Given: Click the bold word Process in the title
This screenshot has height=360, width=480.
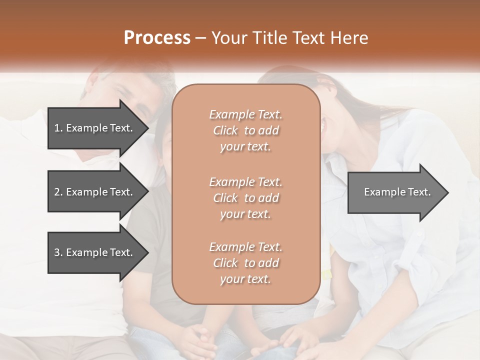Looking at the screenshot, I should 157,38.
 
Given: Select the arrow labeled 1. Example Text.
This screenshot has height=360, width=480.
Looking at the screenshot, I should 95,128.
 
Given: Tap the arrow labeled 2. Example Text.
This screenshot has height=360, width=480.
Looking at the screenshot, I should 95,192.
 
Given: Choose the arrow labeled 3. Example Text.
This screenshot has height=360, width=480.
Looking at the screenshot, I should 95,252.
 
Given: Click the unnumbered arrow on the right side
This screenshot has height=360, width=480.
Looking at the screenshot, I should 397,192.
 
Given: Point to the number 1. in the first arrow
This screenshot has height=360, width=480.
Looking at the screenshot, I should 58,128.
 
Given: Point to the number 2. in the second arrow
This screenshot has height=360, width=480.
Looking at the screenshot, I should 58,192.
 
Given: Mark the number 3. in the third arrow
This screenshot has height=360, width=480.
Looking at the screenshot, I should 58,252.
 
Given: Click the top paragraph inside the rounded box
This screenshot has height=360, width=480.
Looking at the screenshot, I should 245,130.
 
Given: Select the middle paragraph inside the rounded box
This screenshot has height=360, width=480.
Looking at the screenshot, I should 245,198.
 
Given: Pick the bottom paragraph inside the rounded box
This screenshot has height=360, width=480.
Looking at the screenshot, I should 245,263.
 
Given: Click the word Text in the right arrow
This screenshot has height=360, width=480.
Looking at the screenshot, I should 420,192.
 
